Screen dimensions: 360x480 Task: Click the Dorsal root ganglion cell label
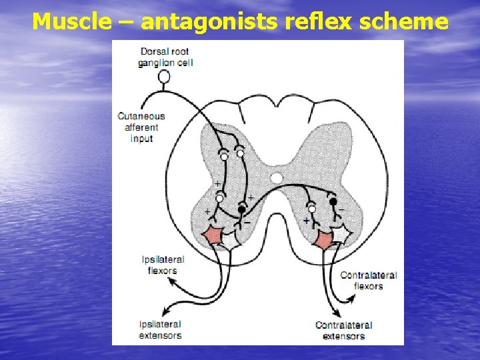tap(164, 57)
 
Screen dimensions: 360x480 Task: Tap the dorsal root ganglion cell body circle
tap(163, 77)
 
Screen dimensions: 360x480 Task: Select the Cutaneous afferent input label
tap(141, 127)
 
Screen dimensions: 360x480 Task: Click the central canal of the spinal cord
tap(277, 178)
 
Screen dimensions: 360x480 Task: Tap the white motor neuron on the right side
tap(342, 235)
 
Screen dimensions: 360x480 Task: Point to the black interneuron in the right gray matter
tap(333, 200)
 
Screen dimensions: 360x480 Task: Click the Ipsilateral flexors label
tap(163, 265)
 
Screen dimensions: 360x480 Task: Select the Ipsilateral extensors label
tap(160, 329)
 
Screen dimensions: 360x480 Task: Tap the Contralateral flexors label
tap(368, 280)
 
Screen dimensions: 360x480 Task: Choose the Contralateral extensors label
tap(343, 331)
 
